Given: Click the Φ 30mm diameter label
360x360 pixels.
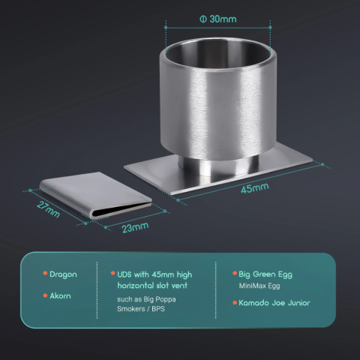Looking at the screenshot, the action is point(218,19).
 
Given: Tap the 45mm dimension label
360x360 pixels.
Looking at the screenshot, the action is point(255,188).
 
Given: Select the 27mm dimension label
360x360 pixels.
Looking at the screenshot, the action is point(48,209).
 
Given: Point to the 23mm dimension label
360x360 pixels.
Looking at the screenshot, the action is point(135,227).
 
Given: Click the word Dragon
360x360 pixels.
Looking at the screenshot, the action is point(63,274).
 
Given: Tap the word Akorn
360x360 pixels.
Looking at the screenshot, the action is point(60,296).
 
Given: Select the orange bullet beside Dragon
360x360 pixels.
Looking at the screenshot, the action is point(45,273).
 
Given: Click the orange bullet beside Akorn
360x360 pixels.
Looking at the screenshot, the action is point(45,295).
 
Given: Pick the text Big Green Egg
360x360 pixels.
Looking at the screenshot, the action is point(265,274).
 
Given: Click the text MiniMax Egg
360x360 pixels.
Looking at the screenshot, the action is point(259,286).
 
